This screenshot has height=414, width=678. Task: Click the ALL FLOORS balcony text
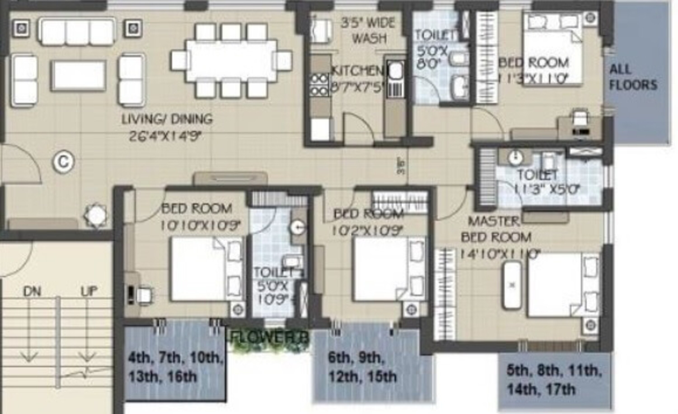point(633,77)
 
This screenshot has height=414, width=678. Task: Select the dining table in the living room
point(231,61)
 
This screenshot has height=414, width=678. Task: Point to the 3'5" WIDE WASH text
point(368,30)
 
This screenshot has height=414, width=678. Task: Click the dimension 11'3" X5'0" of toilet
point(547,189)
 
